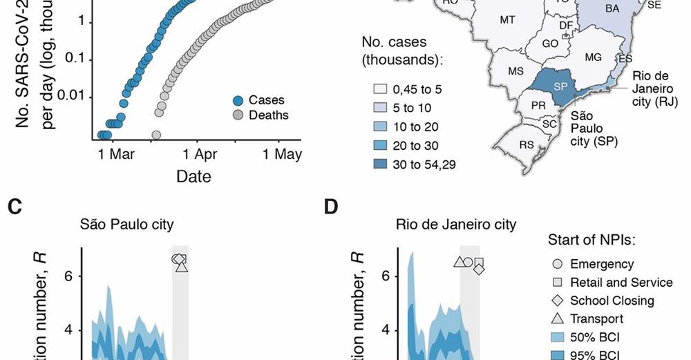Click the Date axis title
[x=193, y=176]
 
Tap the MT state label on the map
[x=507, y=20]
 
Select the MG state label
[x=593, y=57]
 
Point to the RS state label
[x=527, y=144]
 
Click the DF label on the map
[x=565, y=25]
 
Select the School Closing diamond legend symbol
[x=557, y=301]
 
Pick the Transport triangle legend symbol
[x=557, y=319]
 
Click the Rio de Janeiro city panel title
[x=456, y=225]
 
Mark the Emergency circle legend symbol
[x=557, y=264]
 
